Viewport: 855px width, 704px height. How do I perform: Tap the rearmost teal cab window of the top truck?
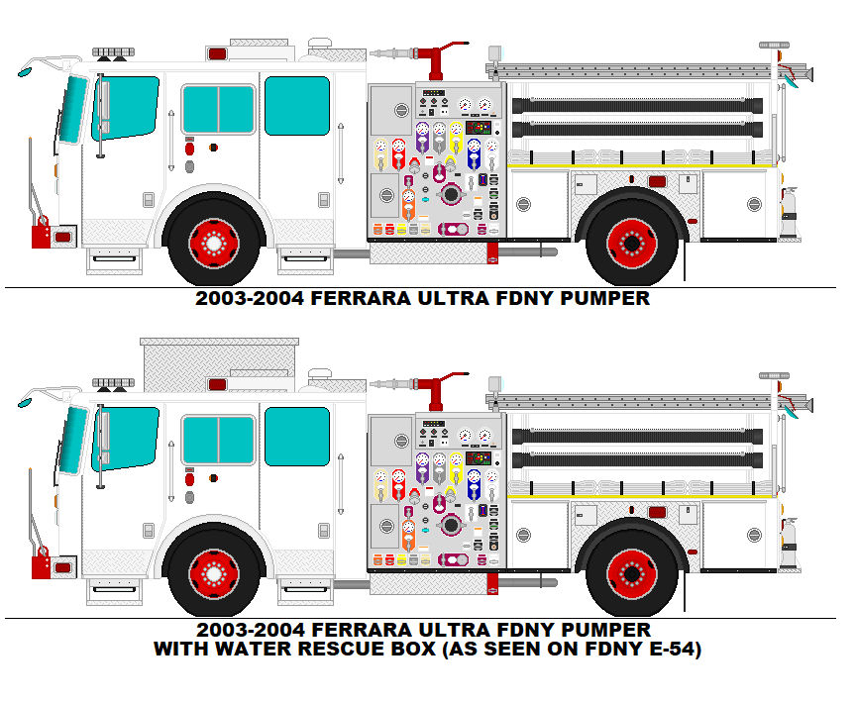[296, 105]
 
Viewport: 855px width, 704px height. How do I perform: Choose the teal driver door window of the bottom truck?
[126, 436]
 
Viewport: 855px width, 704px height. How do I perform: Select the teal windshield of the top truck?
[69, 109]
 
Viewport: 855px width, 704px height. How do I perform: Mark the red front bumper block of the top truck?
[41, 236]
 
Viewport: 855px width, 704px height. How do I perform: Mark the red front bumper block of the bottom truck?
[41, 566]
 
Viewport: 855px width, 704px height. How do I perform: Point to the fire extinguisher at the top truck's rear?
[789, 213]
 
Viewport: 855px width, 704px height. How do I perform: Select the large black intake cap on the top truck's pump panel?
[451, 194]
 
